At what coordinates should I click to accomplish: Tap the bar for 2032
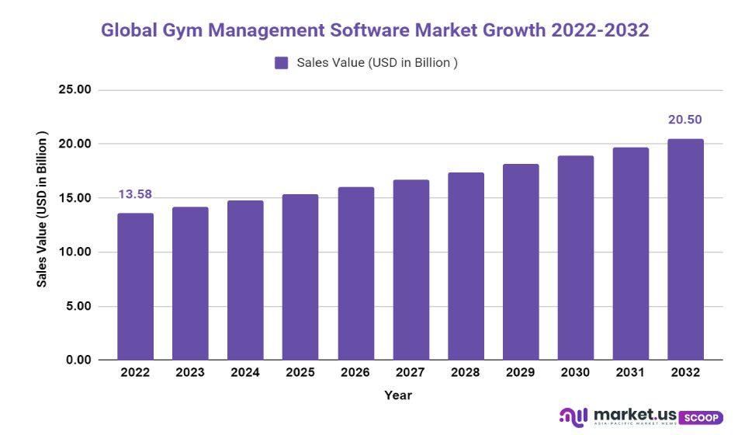[685, 249]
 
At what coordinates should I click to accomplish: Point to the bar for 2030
[575, 258]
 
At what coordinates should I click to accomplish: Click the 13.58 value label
[135, 194]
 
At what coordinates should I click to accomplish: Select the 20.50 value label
[685, 120]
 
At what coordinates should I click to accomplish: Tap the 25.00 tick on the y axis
[75, 90]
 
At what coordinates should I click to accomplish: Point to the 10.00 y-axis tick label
[75, 252]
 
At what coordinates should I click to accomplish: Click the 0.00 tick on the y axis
[78, 360]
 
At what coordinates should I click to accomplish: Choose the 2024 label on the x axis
[245, 373]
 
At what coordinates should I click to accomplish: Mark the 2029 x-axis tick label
[521, 373]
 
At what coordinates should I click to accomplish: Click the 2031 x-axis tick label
[630, 373]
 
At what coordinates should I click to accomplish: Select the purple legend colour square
[282, 63]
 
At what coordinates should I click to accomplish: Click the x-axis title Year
[398, 395]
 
